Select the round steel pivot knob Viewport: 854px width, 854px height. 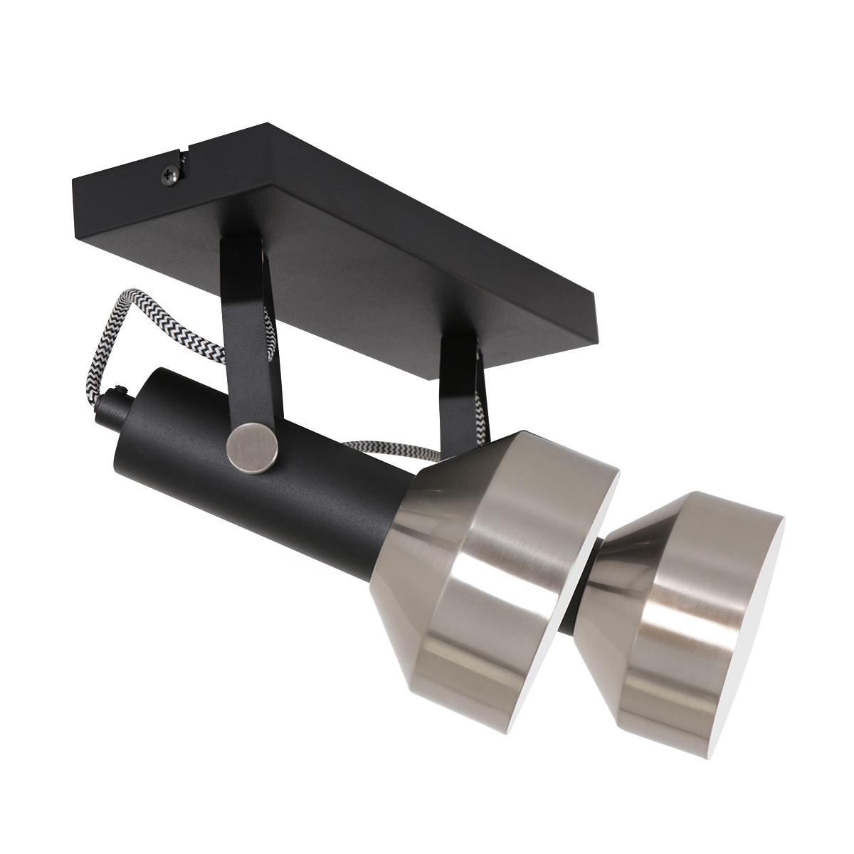point(250,446)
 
